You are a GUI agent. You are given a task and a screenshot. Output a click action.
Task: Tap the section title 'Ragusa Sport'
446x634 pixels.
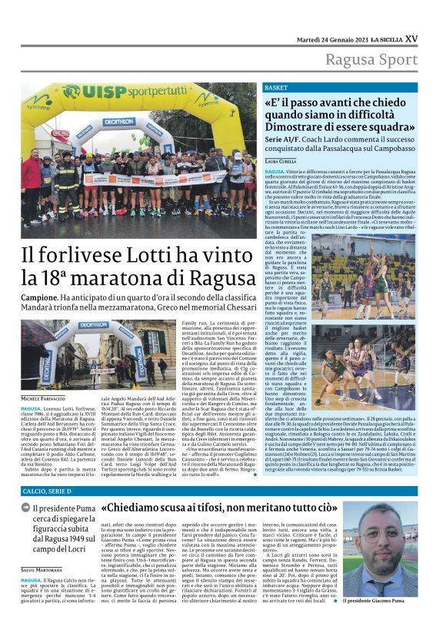click(372, 60)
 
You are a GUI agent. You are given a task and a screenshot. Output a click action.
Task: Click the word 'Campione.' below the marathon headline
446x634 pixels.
click(40, 297)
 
